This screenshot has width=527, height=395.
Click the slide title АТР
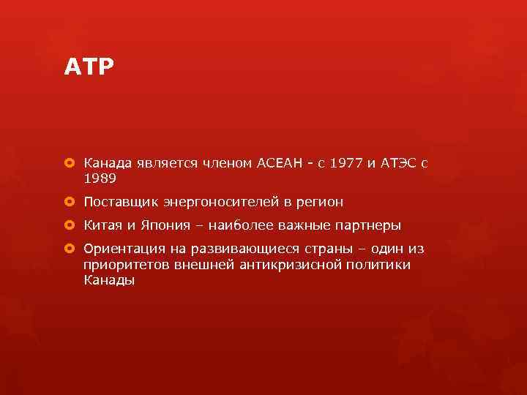pyautogui.click(x=89, y=68)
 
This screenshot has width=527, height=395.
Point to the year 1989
pyautogui.click(x=100, y=178)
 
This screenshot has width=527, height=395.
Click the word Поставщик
pyautogui.click(x=120, y=202)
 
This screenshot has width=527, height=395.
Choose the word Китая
pyautogui.click(x=103, y=225)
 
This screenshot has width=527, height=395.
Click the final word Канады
pyautogui.click(x=109, y=280)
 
